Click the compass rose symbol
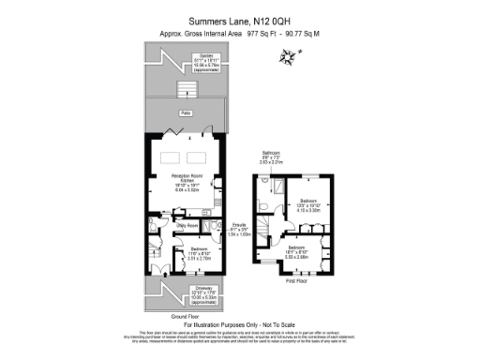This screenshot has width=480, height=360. point(286,59)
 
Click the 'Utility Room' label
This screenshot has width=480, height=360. point(187,225)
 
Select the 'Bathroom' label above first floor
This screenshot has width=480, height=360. point(270,153)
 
